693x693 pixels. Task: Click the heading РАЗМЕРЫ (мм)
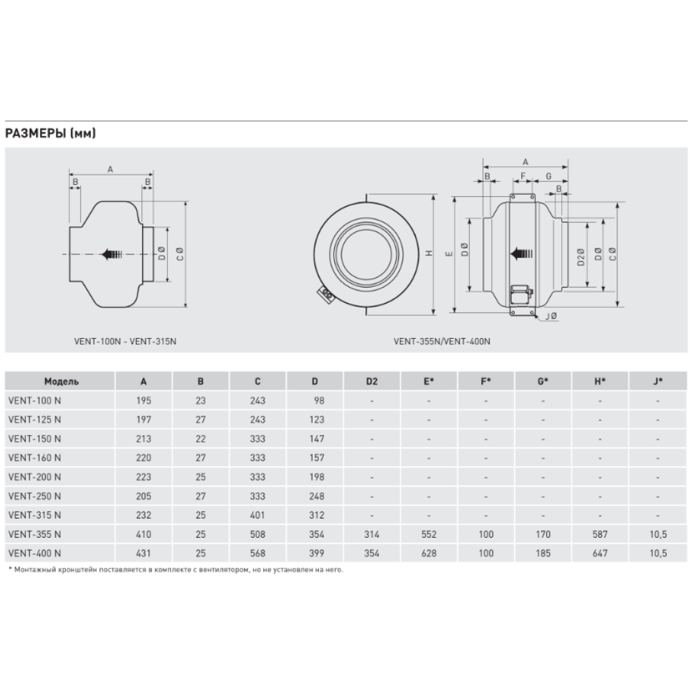(50, 134)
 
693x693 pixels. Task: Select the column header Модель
(61, 381)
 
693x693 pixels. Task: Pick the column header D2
(371, 381)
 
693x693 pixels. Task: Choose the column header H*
(599, 381)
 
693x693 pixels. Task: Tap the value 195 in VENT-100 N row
(143, 401)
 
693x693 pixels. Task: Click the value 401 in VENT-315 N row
(258, 515)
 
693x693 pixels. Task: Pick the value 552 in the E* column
(429, 534)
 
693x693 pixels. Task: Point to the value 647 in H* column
(599, 552)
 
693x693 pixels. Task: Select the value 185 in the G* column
(543, 552)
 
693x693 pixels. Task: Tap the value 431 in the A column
(143, 552)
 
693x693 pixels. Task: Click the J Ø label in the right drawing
(552, 317)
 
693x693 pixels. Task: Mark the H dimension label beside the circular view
(430, 254)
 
